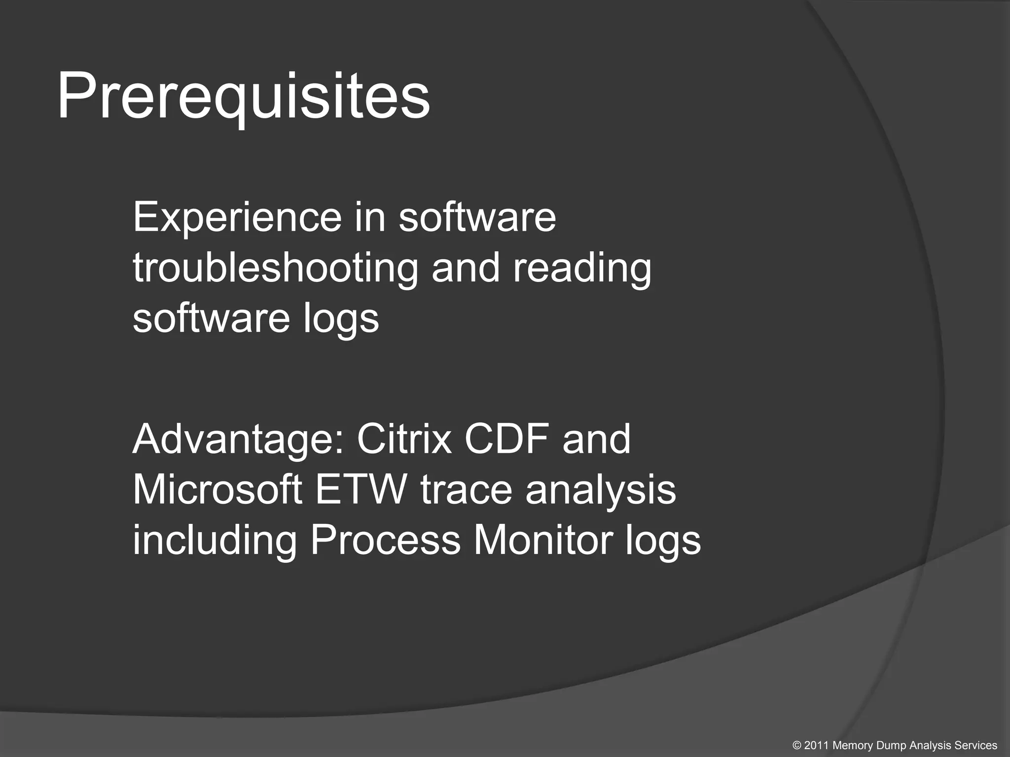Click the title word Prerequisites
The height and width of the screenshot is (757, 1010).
[244, 96]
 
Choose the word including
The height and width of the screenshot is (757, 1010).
[215, 541]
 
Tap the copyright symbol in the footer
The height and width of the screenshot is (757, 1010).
[797, 746]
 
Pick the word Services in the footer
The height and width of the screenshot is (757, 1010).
[976, 746]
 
